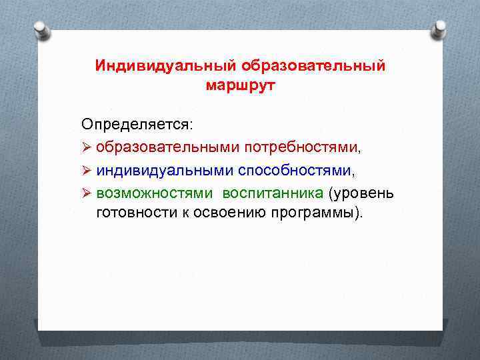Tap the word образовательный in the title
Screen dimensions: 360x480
point(313,67)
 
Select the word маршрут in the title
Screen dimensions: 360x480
point(240,86)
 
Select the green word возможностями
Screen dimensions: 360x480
point(155,193)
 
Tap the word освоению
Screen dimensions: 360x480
point(219,213)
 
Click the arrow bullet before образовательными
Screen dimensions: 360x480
point(87,147)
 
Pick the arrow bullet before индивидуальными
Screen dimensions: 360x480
point(87,170)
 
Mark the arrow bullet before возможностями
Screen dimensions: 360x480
point(87,193)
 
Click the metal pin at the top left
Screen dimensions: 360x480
point(41,29)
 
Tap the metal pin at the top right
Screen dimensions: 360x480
point(438,28)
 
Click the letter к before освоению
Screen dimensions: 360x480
point(178,214)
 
